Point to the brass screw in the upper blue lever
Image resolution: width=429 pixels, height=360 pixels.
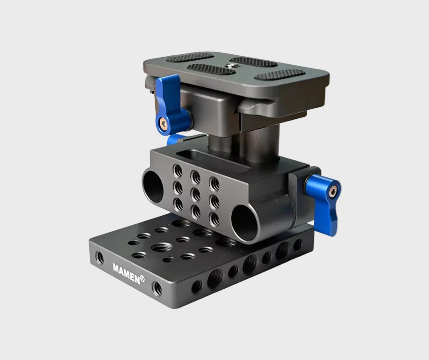pos(162,122)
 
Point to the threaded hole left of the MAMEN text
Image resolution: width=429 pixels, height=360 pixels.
pos(99,259)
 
